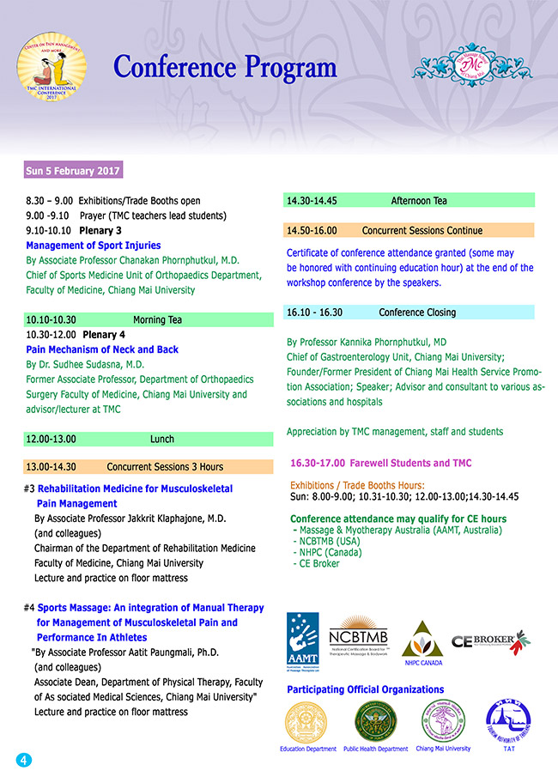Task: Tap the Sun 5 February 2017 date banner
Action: [x=73, y=170]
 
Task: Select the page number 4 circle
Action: [x=23, y=759]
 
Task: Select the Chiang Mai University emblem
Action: [x=442, y=720]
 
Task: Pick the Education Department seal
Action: [x=308, y=721]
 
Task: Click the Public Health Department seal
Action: [x=375, y=721]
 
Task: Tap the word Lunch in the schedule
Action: [x=162, y=439]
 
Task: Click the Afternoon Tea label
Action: [x=419, y=201]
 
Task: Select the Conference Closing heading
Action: [x=417, y=313]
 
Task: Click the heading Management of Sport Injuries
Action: [x=94, y=246]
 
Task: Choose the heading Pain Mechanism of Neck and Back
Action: [x=102, y=349]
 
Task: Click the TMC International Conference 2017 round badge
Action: [x=52, y=68]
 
